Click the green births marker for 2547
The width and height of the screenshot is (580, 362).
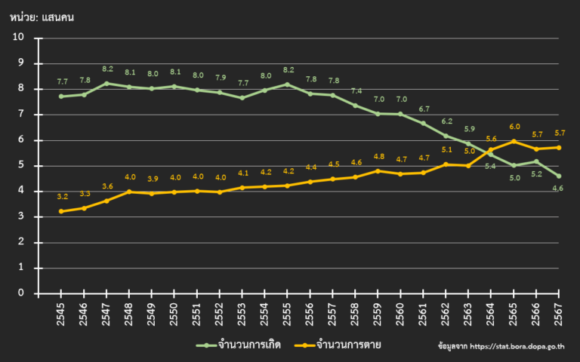106,84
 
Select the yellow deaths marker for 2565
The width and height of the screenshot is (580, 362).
514,141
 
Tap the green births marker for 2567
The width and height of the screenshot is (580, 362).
559,176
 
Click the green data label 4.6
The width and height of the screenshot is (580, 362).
557,189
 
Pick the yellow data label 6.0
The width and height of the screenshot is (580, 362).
514,127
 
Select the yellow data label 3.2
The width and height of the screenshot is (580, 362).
61,197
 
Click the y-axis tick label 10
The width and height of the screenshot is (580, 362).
18,38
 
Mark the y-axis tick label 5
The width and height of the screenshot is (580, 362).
20,166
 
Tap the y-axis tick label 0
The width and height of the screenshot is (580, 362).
20,293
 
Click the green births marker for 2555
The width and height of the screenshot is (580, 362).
287,84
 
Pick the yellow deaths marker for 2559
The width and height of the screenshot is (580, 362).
378,170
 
